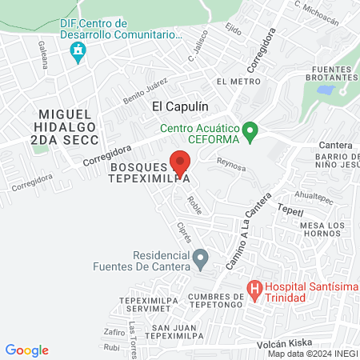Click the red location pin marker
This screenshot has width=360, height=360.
[x=180, y=163]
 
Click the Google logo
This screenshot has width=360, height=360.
[x=26, y=350]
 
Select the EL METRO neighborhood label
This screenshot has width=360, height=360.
[x=234, y=82]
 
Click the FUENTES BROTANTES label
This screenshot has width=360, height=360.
[x=330, y=74]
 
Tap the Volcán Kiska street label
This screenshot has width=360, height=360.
[x=284, y=343]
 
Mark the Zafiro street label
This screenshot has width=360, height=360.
[x=114, y=330]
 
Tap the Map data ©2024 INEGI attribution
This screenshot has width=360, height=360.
[x=312, y=354]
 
